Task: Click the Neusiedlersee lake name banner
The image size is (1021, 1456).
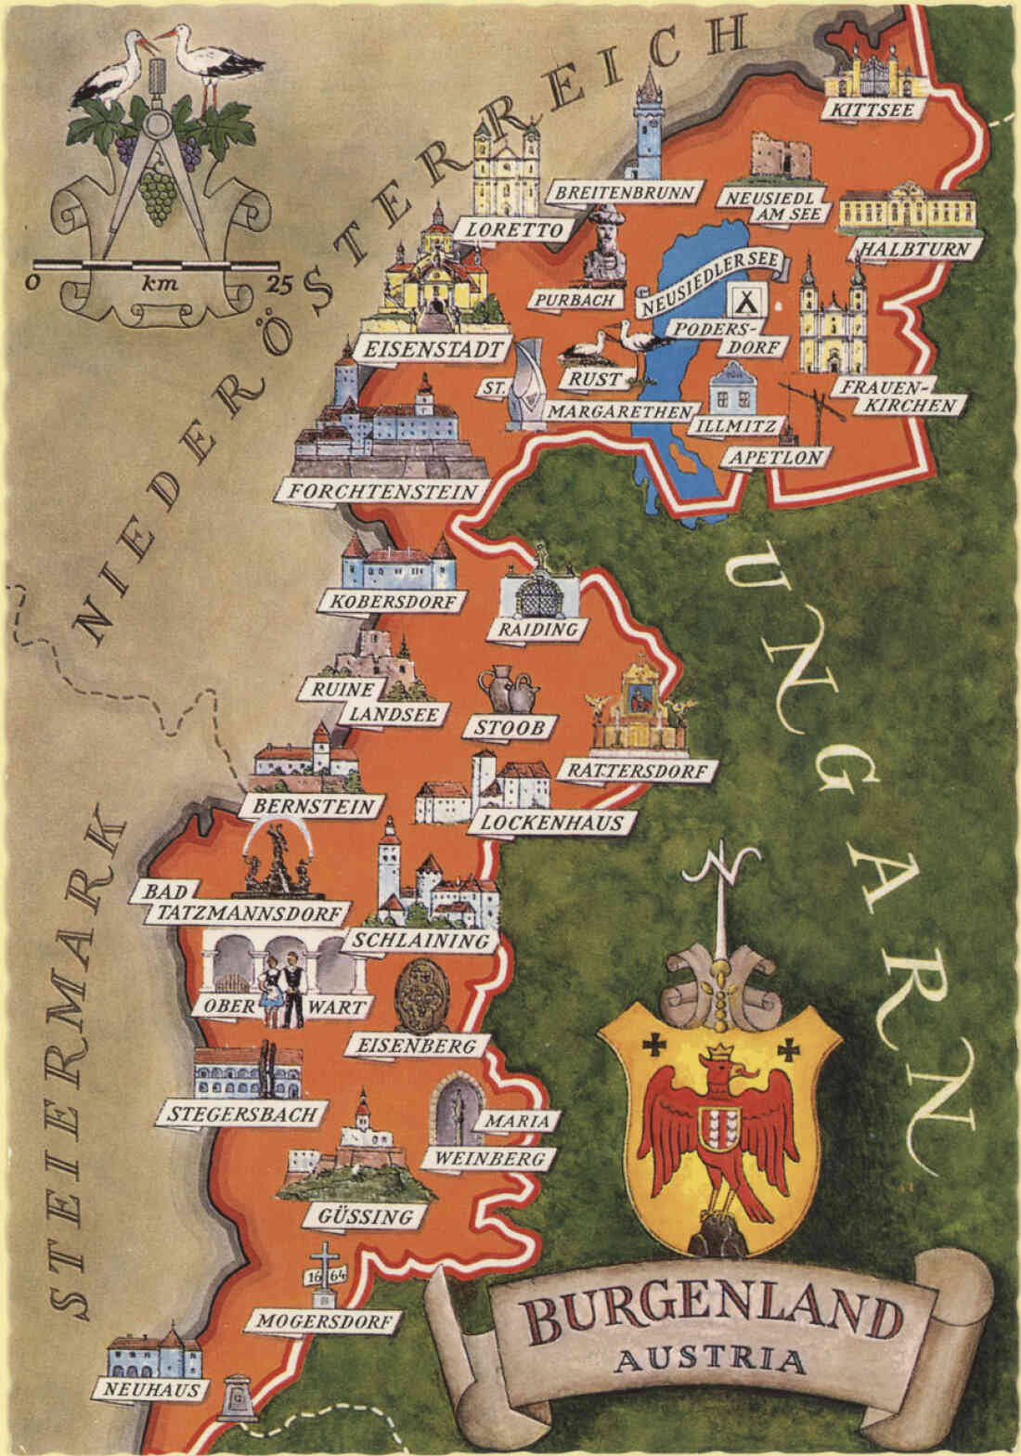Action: click(x=712, y=276)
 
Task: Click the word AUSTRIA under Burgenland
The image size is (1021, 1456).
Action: click(x=711, y=1360)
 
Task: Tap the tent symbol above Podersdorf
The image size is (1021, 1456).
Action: click(x=743, y=302)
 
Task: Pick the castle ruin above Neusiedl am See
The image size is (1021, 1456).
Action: click(x=776, y=155)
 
